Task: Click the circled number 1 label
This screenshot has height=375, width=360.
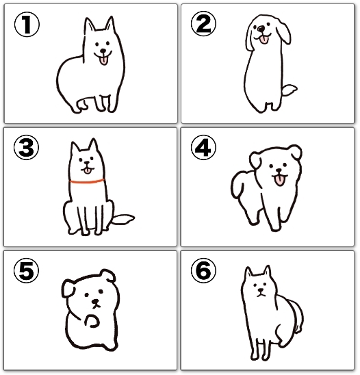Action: click(x=27, y=25)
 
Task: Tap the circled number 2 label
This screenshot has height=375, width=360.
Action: click(x=203, y=24)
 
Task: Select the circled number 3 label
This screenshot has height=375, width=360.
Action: click(x=26, y=148)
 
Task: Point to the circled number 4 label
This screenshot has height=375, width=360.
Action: click(x=203, y=148)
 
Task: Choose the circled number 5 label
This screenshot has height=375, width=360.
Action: click(x=26, y=271)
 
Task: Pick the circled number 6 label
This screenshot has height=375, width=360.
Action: click(x=203, y=271)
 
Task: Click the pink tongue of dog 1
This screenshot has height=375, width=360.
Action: click(x=104, y=61)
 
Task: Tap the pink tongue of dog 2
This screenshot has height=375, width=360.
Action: click(x=264, y=40)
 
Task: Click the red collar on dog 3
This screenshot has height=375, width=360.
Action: click(x=87, y=181)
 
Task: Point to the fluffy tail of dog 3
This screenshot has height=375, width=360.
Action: click(x=123, y=219)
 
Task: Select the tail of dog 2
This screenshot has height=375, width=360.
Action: click(x=289, y=90)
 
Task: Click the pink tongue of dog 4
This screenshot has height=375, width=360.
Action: click(x=279, y=181)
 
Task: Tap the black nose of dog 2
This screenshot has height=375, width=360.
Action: click(x=261, y=29)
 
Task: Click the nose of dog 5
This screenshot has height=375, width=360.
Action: click(x=96, y=302)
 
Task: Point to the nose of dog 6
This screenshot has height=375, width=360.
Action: click(x=261, y=291)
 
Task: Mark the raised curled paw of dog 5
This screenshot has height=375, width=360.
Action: click(x=92, y=321)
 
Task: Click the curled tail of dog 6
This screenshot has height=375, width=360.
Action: click(x=296, y=315)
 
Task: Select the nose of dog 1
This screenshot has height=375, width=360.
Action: click(x=103, y=51)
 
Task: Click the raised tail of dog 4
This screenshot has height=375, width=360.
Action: click(x=238, y=183)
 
